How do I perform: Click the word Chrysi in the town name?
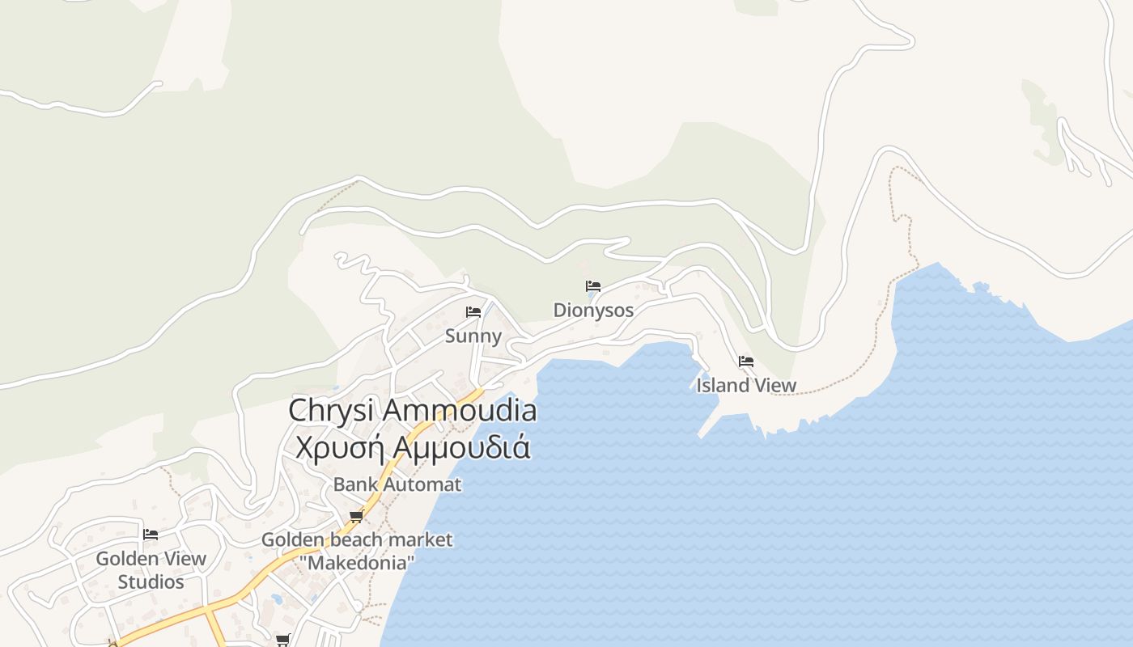332,410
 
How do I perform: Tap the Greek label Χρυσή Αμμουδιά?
413,447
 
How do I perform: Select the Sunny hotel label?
473,336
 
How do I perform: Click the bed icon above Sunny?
473,312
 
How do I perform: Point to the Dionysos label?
593,310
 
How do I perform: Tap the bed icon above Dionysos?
593,286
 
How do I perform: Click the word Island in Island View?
723,386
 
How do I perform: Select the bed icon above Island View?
746,362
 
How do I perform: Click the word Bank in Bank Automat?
355,484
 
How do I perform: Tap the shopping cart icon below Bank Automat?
356,516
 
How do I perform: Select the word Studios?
151,581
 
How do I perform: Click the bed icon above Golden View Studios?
151,534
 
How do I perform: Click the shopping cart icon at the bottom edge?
282,640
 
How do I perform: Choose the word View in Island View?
775,386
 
